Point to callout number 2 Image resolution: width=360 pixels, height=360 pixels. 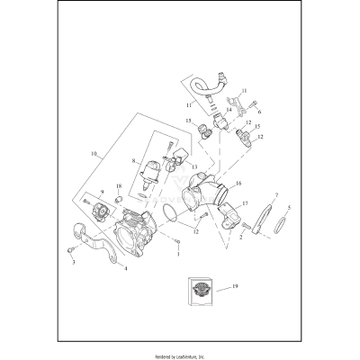(x=239, y=238)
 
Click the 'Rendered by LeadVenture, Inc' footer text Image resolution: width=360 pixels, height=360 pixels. (x=180, y=355)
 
